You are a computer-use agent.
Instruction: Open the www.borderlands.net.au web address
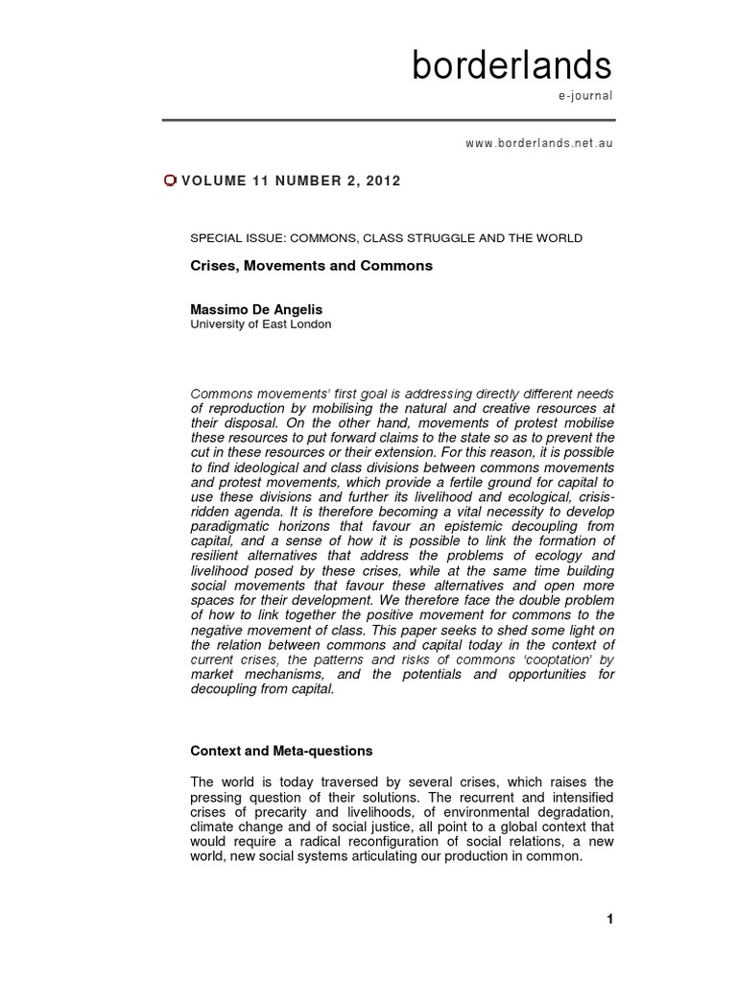(x=538, y=142)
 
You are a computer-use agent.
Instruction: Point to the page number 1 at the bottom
(x=609, y=920)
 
